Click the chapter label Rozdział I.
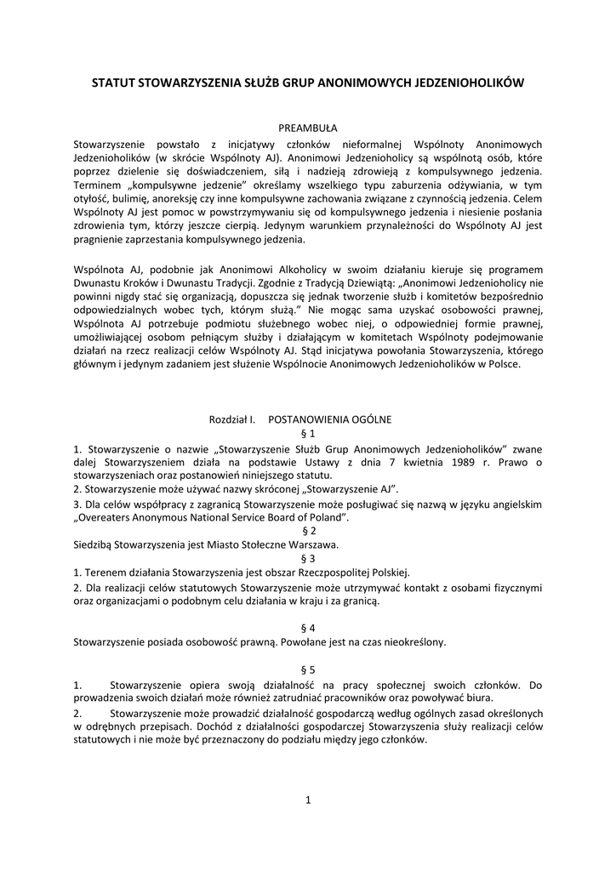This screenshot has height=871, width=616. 232,419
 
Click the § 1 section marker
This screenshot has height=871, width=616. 307,434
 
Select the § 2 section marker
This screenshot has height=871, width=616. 307,530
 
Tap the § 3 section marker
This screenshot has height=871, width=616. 307,558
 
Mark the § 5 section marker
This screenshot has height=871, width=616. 307,669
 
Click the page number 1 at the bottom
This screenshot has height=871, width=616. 308,800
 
